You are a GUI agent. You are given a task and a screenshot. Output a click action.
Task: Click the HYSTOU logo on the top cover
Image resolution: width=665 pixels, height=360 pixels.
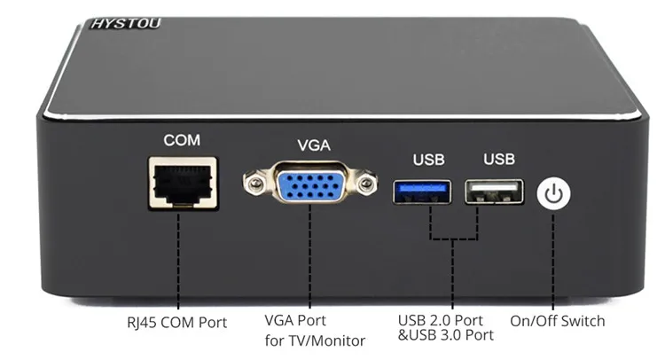[126, 23]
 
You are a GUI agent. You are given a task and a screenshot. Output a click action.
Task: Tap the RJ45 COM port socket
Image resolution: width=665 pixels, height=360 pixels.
[184, 184]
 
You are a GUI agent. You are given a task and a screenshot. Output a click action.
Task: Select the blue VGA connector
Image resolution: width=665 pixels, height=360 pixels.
[311, 183]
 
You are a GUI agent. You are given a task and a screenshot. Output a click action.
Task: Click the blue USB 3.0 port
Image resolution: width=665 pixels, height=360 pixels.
[422, 192]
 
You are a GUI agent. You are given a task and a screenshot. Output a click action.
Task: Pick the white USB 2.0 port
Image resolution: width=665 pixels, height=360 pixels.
[494, 192]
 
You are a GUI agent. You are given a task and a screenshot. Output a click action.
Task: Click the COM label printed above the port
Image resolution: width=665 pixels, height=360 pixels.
[182, 140]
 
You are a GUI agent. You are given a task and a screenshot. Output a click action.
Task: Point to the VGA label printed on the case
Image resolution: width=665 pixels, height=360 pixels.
[314, 145]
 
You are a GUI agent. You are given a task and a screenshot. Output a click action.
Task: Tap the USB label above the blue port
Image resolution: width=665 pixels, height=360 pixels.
[429, 160]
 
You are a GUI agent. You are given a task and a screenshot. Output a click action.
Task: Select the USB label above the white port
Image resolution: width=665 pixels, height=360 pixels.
[499, 159]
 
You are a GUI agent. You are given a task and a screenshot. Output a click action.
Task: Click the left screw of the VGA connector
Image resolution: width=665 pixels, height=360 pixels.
[254, 183]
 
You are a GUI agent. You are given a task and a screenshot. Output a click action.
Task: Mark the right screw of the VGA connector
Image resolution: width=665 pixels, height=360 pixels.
[365, 184]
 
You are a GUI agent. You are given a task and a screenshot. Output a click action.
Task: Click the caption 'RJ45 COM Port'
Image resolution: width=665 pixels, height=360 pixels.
[176, 323]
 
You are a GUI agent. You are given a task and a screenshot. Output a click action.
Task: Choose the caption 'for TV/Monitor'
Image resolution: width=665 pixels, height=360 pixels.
[315, 340]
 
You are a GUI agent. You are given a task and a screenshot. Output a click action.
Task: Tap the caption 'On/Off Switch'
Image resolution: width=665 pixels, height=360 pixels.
[558, 321]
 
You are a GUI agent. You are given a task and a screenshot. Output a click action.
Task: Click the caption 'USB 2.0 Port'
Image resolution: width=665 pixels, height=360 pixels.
[440, 320]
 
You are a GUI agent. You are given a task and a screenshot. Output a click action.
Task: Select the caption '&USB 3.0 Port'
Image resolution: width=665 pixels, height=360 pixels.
[446, 335]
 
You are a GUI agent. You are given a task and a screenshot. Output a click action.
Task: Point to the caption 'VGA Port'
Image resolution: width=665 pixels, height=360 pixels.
[295, 320]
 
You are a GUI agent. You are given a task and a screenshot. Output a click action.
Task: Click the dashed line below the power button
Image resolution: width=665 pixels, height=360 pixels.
[553, 262]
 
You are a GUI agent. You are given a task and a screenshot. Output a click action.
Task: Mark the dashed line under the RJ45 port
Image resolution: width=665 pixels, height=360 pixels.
[178, 261]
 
